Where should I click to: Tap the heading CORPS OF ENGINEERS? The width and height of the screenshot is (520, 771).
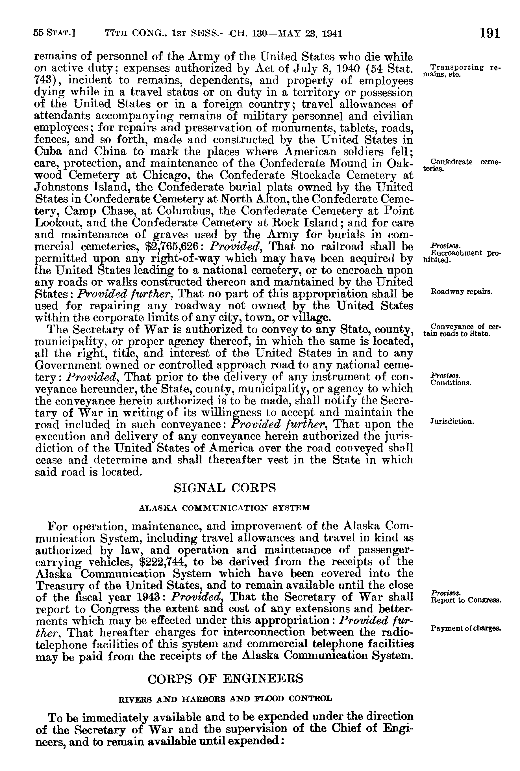(225, 679)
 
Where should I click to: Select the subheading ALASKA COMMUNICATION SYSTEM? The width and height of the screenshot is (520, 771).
(224, 507)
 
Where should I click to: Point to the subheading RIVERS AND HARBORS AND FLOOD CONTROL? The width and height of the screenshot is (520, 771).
(225, 698)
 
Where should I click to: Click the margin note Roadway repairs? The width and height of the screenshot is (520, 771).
(461, 292)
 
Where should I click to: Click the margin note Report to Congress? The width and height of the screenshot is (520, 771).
(466, 600)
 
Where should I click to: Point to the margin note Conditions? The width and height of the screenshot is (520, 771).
(451, 383)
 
